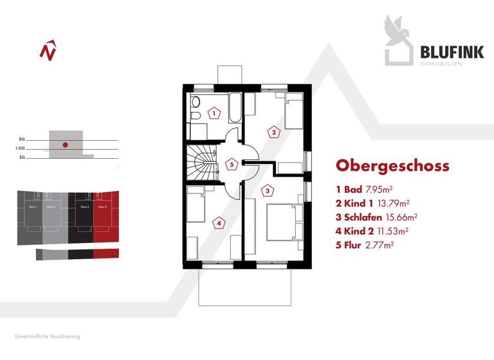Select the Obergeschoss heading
[392, 166]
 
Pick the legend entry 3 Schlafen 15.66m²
[377, 217]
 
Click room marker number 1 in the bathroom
[214, 113]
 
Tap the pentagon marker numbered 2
[274, 132]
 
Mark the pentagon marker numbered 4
[219, 223]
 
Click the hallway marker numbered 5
[232, 164]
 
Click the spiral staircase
[199, 164]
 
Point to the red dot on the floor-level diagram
[65, 145]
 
